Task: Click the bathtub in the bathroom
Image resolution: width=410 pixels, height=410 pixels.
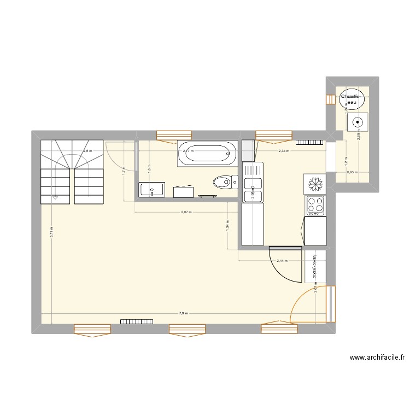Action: (x=207, y=153)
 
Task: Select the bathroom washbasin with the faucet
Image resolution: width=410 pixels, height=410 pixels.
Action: (x=152, y=190)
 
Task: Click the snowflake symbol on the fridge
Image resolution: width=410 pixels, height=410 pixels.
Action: (x=315, y=182)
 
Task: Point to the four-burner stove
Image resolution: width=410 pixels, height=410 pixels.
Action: (x=315, y=205)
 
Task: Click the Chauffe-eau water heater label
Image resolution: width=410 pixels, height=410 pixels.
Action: (x=349, y=99)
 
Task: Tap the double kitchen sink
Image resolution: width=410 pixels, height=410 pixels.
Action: (x=253, y=190)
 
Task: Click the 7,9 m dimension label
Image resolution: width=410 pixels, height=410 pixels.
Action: (x=183, y=314)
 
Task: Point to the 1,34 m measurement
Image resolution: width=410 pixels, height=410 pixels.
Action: (x=227, y=225)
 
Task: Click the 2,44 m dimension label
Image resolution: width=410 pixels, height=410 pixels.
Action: (x=282, y=261)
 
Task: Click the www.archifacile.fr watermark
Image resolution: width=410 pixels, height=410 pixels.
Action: (x=377, y=359)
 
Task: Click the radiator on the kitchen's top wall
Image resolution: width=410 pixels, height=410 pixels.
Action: (x=310, y=143)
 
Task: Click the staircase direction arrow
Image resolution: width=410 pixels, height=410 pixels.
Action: (x=55, y=198)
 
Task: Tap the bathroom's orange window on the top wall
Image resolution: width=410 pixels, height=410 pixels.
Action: (x=174, y=134)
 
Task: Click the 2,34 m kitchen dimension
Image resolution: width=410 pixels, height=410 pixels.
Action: (x=283, y=151)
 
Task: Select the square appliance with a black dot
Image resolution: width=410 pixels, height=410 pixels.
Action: (x=357, y=122)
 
